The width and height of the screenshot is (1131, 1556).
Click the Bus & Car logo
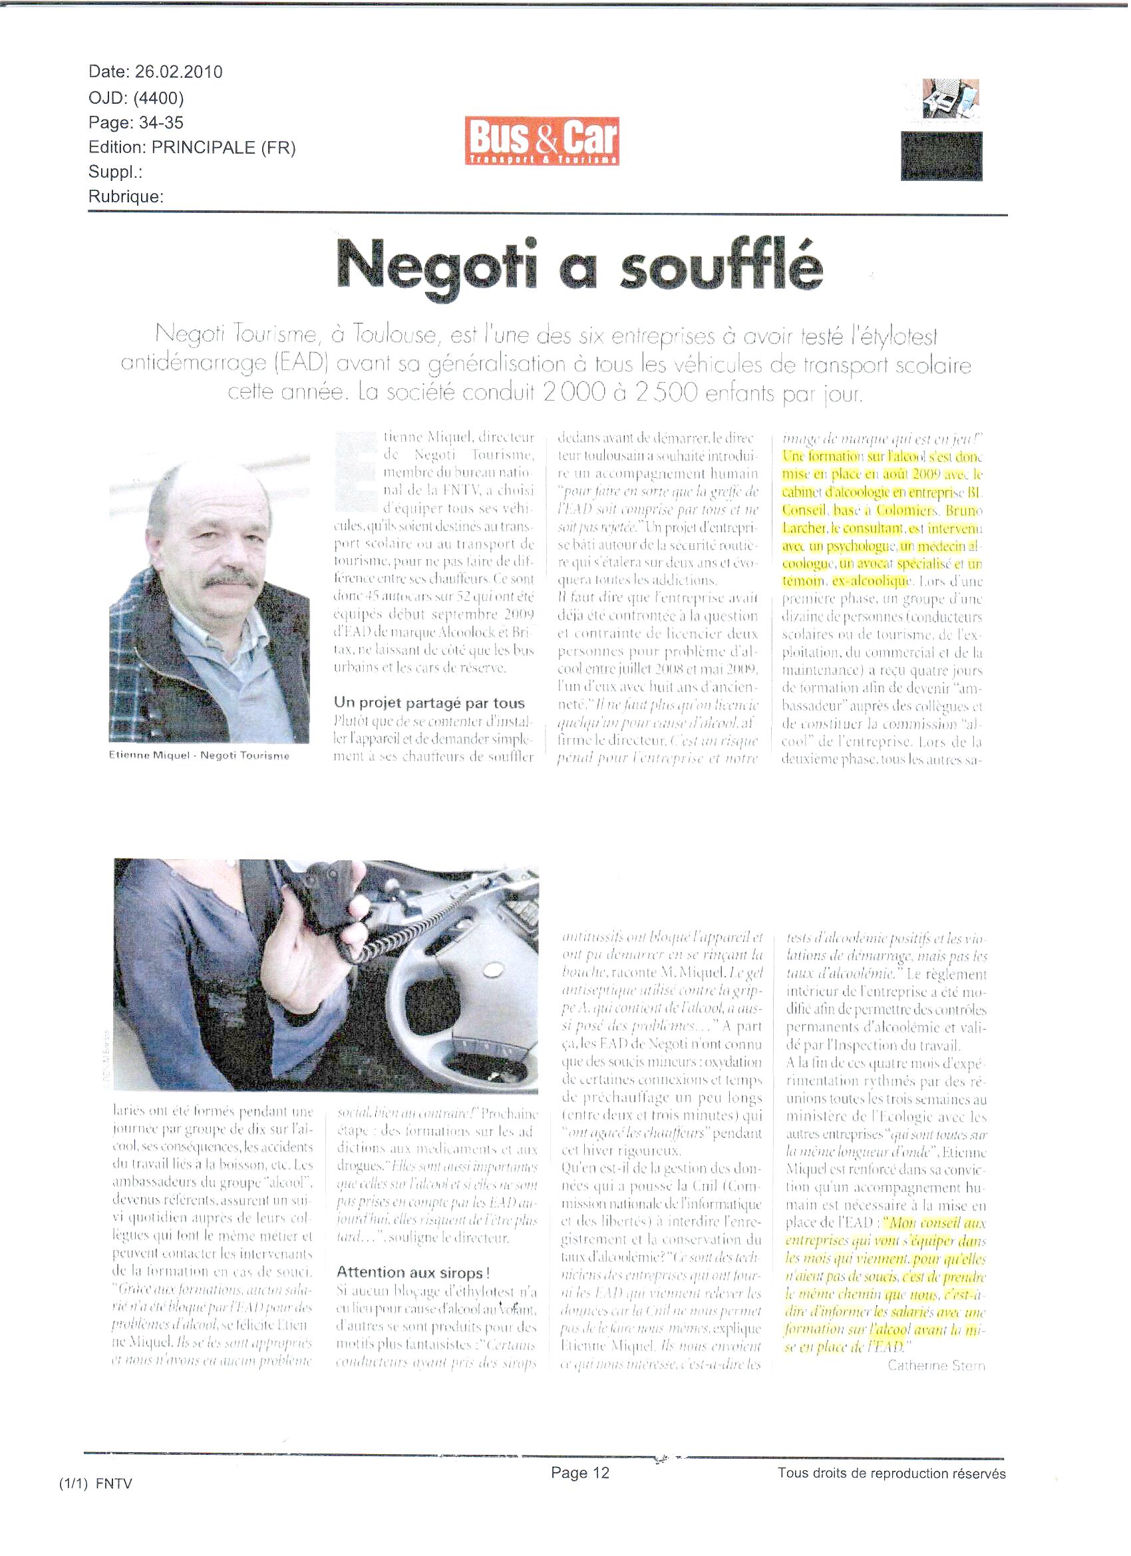541,141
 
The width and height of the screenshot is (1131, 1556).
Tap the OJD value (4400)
158,98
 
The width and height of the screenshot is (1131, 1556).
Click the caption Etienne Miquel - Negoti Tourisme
199,756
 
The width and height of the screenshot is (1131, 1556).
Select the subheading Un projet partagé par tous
429,703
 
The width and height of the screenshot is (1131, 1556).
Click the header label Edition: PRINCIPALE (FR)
192,148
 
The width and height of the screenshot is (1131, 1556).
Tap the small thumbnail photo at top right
950,98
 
